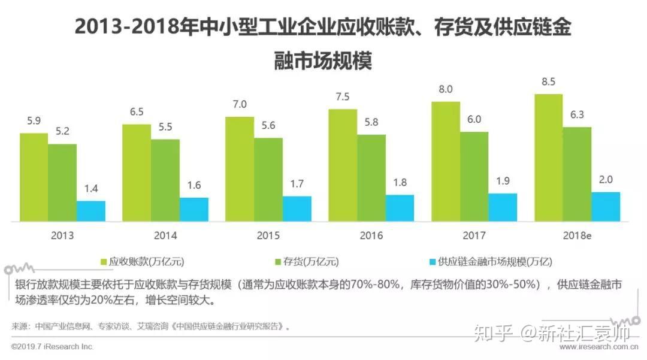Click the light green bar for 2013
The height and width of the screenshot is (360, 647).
tap(34, 177)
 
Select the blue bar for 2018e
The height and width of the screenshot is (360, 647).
tap(606, 207)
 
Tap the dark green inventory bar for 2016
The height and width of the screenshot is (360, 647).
tap(371, 178)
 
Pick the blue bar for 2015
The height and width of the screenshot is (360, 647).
tap(297, 208)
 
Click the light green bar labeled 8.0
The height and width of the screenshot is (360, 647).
tap(446, 162)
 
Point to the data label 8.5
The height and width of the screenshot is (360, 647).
tap(548, 81)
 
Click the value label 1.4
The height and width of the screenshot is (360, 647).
tap(91, 189)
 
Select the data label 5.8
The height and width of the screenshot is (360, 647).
tap(371, 122)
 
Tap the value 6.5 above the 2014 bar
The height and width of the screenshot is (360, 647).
tap(137, 112)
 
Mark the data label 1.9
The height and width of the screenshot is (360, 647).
tap(503, 181)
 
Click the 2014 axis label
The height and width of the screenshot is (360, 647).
tap(165, 235)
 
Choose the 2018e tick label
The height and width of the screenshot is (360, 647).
tap(577, 235)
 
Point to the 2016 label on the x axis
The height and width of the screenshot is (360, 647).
tap(371, 235)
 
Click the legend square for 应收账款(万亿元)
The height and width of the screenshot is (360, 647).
tap(104, 262)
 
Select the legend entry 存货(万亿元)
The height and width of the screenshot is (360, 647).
tap(307, 262)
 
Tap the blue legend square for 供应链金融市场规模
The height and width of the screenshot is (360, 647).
tap(433, 262)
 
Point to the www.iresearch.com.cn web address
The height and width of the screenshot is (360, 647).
tap(598, 347)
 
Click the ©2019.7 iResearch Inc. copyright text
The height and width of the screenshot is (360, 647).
tap(52, 347)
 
